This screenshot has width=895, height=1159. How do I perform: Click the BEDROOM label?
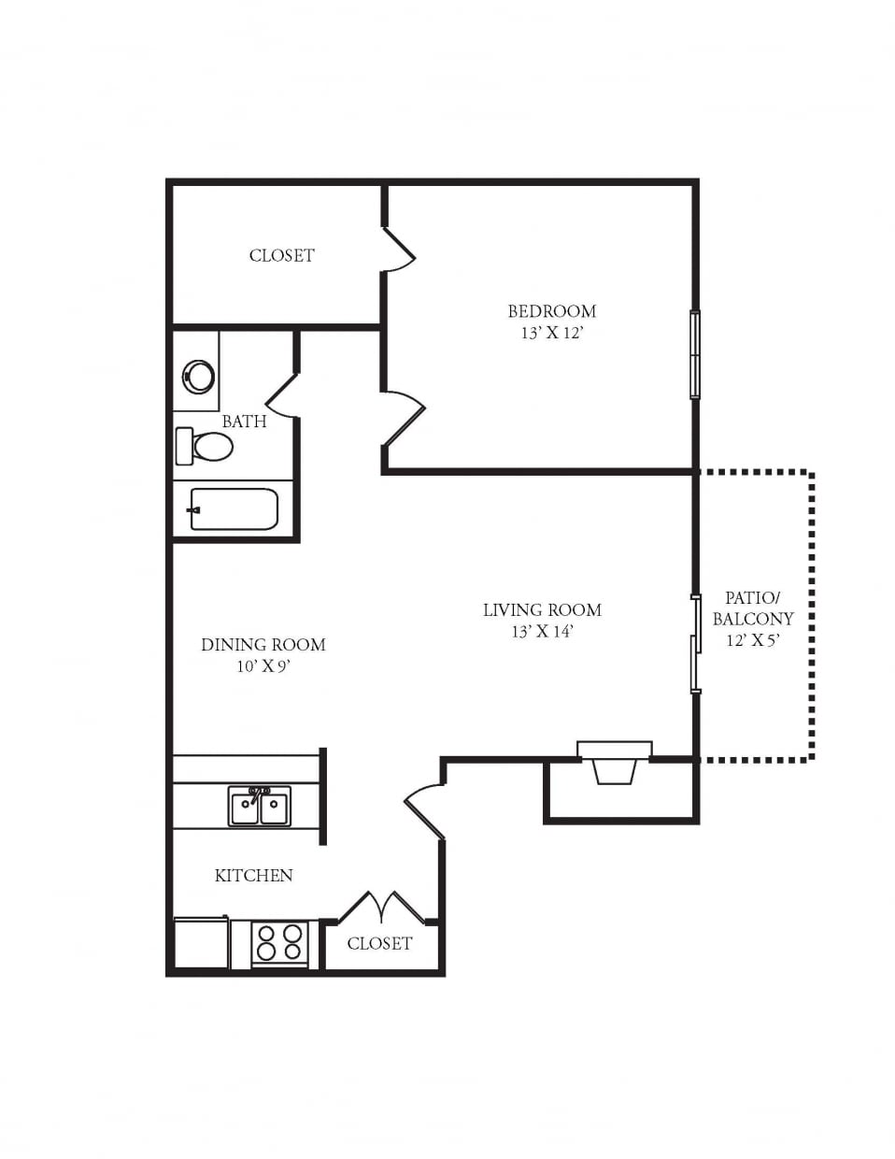(551, 311)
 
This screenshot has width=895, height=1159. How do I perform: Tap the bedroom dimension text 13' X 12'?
(551, 333)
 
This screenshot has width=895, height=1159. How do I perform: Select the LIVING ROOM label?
(542, 610)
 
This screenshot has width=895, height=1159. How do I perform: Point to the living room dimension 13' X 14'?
(542, 632)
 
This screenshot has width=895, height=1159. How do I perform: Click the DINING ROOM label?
(263, 645)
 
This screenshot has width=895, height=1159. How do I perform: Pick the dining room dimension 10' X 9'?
(263, 666)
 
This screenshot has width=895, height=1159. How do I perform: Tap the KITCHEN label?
(254, 876)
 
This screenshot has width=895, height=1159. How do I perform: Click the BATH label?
(244, 422)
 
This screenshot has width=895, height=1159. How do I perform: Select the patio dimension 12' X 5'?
(752, 640)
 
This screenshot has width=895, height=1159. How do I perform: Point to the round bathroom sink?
(199, 377)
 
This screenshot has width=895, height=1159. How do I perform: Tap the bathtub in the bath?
(234, 509)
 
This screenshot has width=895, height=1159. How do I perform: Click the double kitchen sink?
(260, 806)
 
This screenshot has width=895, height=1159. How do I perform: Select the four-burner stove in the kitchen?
(279, 942)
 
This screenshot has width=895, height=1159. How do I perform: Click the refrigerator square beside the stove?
(201, 942)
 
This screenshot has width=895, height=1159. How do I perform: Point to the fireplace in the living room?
(614, 762)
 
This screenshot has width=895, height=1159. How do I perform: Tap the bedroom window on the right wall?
(695, 355)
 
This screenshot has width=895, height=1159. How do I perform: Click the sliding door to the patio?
(695, 643)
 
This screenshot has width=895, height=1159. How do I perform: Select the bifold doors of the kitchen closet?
(381, 909)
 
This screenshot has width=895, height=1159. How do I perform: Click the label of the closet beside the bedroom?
(281, 255)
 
